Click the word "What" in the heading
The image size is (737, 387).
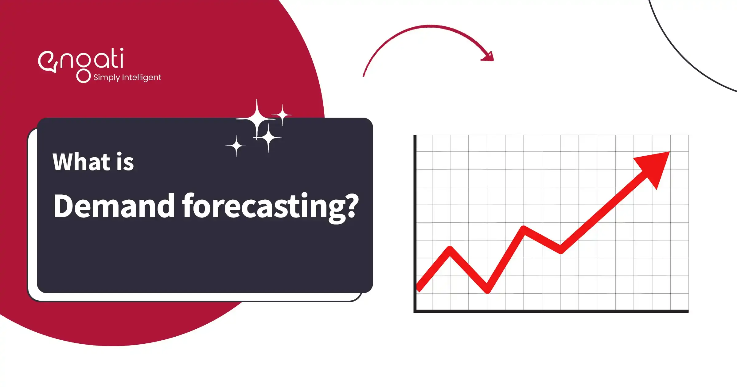(x=81, y=162)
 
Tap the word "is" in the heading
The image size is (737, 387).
(x=125, y=162)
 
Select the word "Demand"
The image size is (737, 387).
(x=114, y=206)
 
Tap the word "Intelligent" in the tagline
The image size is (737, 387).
(x=142, y=77)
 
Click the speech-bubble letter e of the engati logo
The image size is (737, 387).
(x=48, y=62)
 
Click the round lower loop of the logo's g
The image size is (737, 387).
(x=83, y=76)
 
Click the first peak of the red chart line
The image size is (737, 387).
(x=450, y=248)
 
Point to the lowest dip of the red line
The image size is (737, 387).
(x=487, y=291)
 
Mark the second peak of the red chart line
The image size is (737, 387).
(x=524, y=228)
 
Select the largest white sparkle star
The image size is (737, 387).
(x=257, y=119)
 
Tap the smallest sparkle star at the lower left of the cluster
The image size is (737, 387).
(x=236, y=146)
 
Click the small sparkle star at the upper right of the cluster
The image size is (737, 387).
(x=282, y=115)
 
